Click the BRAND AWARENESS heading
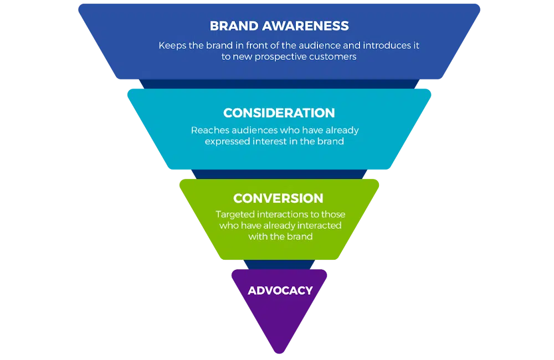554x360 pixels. click(279, 26)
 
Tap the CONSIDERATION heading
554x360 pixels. click(279, 113)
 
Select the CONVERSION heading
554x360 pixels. click(278, 198)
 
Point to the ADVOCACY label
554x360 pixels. click(280, 291)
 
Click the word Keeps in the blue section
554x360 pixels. click(172, 46)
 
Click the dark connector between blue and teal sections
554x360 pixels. click(279, 84)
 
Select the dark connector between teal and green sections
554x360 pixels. click(279, 173)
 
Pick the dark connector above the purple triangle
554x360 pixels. click(279, 264)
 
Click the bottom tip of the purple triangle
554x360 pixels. click(280, 351)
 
